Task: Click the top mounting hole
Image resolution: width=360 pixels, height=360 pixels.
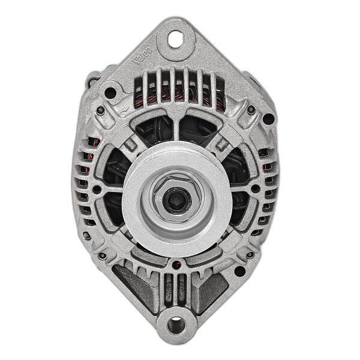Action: [x=176, y=40]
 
